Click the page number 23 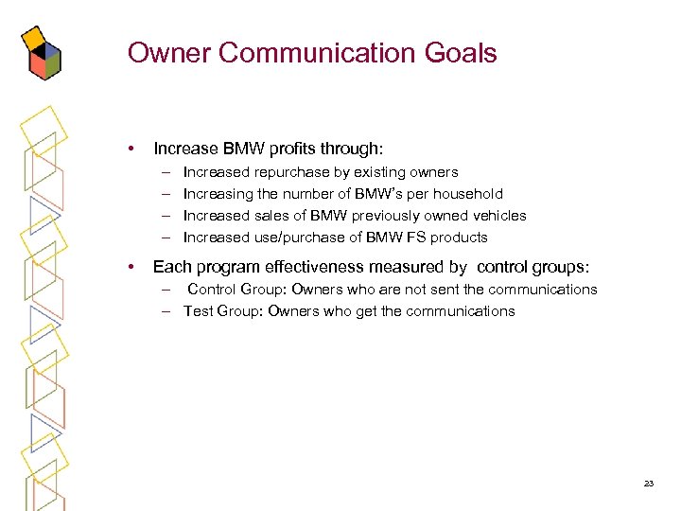click(x=648, y=483)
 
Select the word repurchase click(x=295, y=172)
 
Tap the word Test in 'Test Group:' click(x=199, y=311)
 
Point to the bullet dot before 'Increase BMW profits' click(x=134, y=149)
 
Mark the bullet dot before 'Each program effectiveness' click(x=134, y=267)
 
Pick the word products click(x=459, y=238)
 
